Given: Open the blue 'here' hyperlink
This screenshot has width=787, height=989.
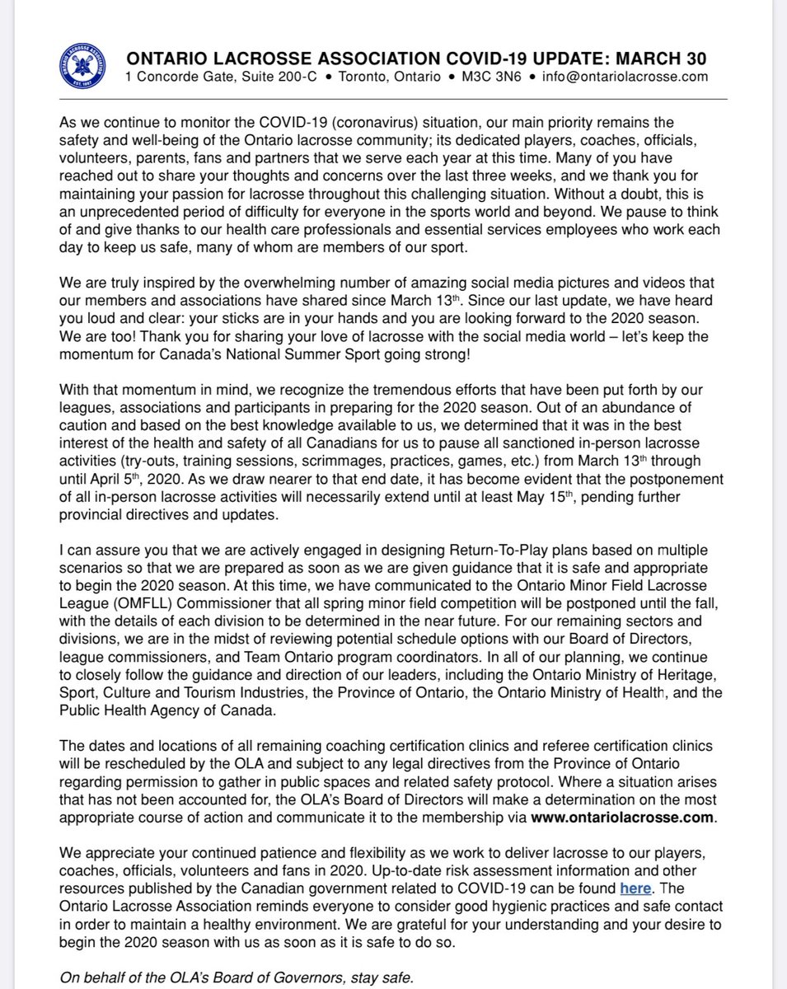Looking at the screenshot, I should (635, 888).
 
